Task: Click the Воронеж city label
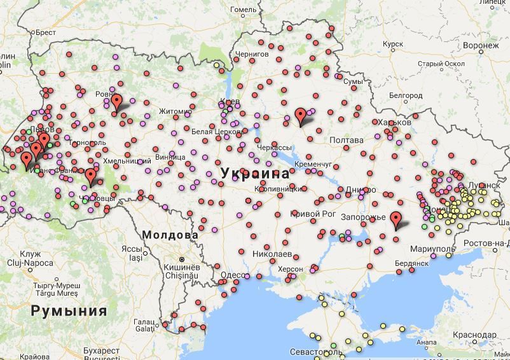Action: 481,46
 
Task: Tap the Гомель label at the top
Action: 244,10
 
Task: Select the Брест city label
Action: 46,32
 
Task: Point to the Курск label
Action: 394,45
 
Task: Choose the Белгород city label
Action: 406,95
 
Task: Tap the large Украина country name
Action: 255,173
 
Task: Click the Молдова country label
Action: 170,235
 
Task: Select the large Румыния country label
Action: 69,311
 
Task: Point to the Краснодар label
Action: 475,335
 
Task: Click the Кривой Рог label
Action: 313,214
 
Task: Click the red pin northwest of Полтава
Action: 300,117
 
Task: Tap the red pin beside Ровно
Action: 116,102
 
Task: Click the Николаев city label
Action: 272,253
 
